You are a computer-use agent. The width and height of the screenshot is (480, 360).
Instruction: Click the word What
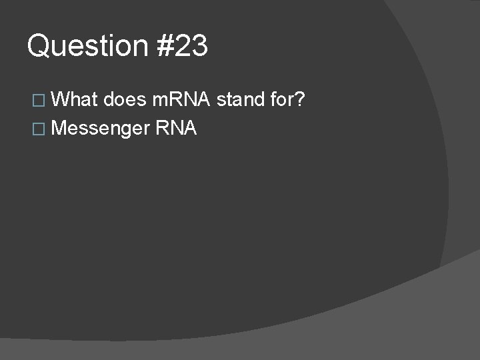pyautogui.click(x=73, y=100)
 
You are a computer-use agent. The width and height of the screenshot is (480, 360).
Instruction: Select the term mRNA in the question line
pyautogui.click(x=182, y=100)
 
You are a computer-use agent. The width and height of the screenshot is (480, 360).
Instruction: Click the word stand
pyautogui.click(x=240, y=100)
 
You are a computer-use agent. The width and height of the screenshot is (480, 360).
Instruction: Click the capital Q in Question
pyautogui.click(x=39, y=46)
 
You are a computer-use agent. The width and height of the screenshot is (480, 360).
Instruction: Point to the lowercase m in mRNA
pyautogui.click(x=160, y=101)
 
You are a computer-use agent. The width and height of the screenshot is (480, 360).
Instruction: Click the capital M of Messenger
pyautogui.click(x=58, y=128)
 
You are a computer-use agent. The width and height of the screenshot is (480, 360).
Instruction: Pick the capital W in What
pyautogui.click(x=61, y=100)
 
